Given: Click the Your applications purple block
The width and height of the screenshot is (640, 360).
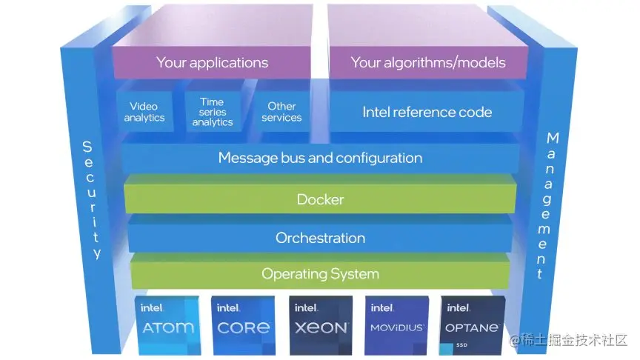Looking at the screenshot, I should click(x=212, y=62).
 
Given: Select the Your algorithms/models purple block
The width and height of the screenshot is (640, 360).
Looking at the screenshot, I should click(x=428, y=62).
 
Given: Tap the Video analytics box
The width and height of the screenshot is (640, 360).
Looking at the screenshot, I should click(x=144, y=112).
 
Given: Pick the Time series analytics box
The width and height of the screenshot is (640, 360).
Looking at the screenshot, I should click(x=212, y=112).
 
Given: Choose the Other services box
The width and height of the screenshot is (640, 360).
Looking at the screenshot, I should click(x=281, y=112).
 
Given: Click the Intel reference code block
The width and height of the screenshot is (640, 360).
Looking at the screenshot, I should click(x=427, y=113).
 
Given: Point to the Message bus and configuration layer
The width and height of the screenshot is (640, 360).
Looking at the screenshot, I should click(x=320, y=158).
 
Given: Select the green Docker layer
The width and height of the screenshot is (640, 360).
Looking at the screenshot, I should click(x=320, y=199).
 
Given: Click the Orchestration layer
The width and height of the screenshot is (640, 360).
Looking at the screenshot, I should click(x=320, y=238).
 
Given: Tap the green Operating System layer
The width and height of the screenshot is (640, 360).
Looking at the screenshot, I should click(x=320, y=274).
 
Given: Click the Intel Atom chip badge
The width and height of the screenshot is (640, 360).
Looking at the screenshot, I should click(x=167, y=324).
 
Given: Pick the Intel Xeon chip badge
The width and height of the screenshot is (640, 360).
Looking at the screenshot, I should click(x=320, y=324).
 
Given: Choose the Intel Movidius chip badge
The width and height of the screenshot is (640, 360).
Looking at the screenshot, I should click(x=397, y=324).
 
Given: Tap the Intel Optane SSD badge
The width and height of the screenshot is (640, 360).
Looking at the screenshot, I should click(x=473, y=324).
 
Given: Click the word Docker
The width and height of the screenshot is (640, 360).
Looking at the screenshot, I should click(x=320, y=199).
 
